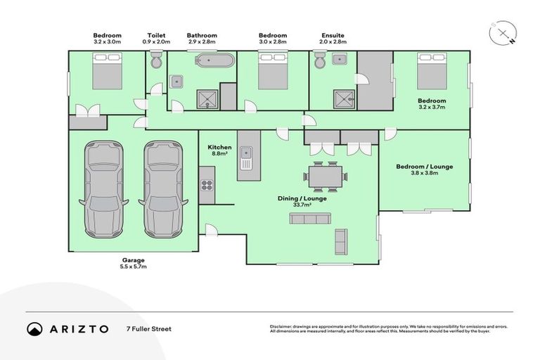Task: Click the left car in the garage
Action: point(103,190)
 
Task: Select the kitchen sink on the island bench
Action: point(247,153)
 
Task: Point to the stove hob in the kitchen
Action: point(207,185)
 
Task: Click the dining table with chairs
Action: point(325,176)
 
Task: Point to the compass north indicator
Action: point(504,33)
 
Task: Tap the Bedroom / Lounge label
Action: point(424,167)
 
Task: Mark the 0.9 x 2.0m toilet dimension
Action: point(155,42)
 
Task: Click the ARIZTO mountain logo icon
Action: point(34,329)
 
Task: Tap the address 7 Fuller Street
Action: point(148,329)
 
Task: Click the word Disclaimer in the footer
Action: point(282,327)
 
